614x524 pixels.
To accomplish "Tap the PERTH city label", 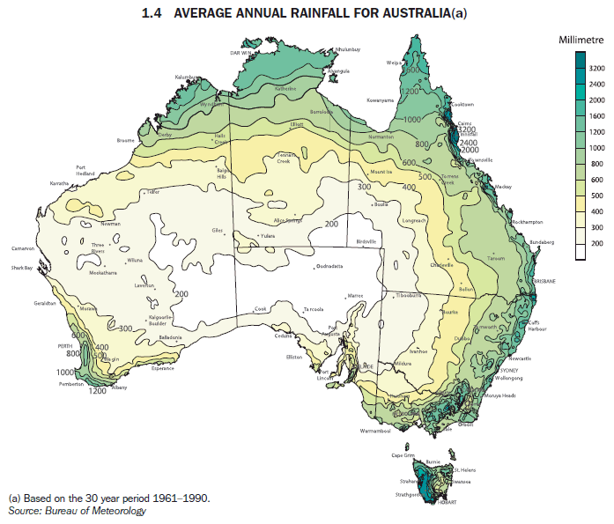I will click(x=64, y=346).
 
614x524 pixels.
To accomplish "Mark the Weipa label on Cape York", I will click(x=394, y=63).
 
